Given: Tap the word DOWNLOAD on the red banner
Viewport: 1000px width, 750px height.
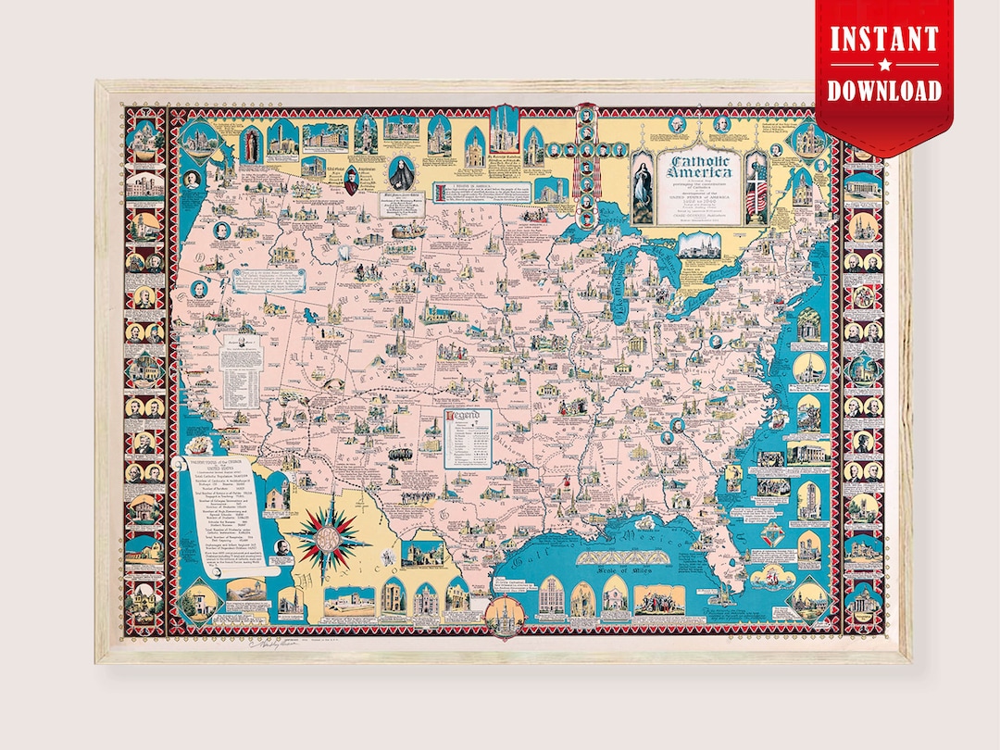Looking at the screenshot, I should (883, 90).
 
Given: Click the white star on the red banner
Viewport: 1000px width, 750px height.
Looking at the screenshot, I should (883, 66).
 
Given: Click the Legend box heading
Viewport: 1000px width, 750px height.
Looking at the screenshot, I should (463, 417).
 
